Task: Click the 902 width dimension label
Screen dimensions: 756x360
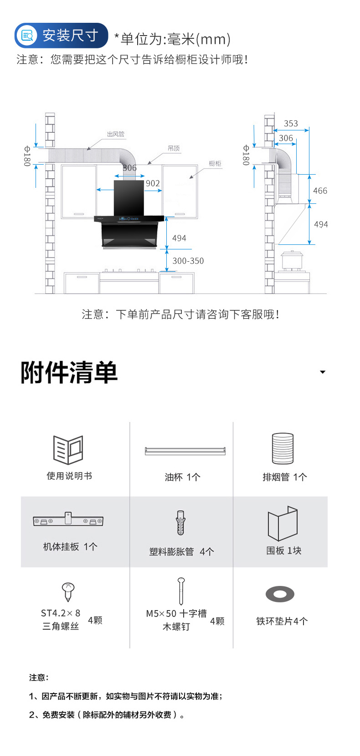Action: (x=153, y=183)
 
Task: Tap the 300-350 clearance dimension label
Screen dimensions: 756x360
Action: (x=188, y=261)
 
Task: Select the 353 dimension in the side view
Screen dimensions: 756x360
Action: (x=291, y=124)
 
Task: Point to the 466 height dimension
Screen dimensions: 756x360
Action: (x=320, y=191)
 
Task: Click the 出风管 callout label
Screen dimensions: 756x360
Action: (x=116, y=134)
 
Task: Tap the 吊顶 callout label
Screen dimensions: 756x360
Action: (x=174, y=148)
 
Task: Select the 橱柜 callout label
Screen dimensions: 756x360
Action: (x=215, y=163)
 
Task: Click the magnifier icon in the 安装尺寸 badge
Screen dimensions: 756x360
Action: (x=28, y=36)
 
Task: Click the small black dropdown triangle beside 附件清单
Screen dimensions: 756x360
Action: (x=323, y=372)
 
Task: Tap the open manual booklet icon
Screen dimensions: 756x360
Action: (x=68, y=450)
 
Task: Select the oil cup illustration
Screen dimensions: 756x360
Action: (x=185, y=451)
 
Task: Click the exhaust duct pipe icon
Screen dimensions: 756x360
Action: (x=283, y=448)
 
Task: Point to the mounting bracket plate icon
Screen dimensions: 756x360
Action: (x=68, y=520)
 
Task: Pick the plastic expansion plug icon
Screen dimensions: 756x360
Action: (x=181, y=523)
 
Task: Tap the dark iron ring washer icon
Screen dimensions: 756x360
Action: (x=280, y=594)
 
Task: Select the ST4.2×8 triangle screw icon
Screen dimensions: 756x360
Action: (x=68, y=591)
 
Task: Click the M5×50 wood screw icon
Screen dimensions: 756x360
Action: (x=181, y=591)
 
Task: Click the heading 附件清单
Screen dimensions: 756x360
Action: (x=69, y=373)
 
